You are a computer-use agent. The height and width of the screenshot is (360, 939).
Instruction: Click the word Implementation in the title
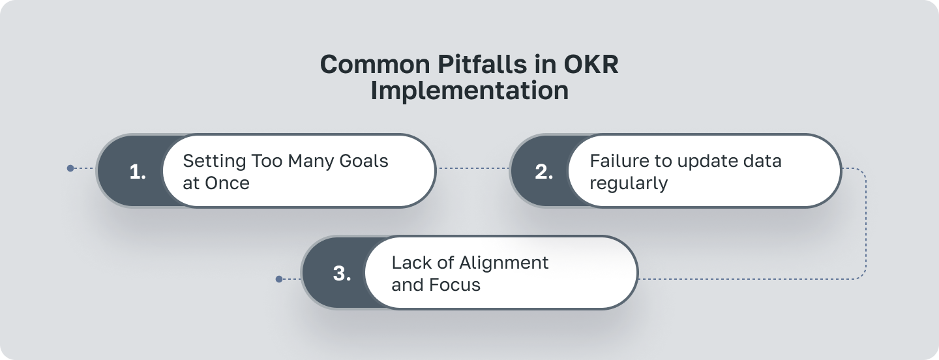[469, 91]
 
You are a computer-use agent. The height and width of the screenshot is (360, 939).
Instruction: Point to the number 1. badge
[138, 172]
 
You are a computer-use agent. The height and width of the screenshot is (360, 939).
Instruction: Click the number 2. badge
[544, 172]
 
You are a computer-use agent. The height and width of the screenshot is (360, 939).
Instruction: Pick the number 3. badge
[342, 273]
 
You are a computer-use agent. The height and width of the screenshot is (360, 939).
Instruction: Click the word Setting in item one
[213, 161]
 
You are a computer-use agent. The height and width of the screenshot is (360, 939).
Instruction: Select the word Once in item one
[227, 183]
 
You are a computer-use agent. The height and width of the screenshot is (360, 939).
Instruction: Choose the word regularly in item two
[629, 183]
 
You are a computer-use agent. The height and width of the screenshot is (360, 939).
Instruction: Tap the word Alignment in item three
[504, 263]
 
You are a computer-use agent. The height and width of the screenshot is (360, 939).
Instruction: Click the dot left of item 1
[70, 168]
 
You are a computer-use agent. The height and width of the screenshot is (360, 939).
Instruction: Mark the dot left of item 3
[279, 279]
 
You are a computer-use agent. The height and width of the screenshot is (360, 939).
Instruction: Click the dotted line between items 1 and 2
[472, 168]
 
